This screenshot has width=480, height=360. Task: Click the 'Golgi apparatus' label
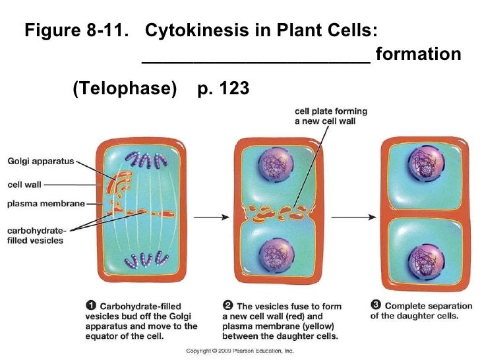(x=40, y=160)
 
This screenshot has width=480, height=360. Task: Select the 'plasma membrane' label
(x=46, y=204)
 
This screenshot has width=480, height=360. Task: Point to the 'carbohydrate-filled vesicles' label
(x=36, y=235)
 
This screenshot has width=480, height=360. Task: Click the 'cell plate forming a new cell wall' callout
(x=330, y=117)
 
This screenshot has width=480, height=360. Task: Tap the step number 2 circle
(x=227, y=305)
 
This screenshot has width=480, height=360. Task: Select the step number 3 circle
(x=376, y=305)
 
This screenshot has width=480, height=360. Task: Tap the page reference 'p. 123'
(x=223, y=88)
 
